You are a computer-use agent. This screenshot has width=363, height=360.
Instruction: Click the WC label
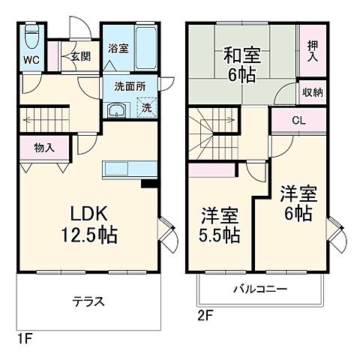click(30, 60)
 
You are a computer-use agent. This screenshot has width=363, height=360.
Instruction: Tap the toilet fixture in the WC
click(31, 36)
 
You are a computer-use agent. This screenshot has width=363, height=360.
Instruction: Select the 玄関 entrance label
click(80, 55)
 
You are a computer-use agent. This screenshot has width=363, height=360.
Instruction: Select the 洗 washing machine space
click(146, 109)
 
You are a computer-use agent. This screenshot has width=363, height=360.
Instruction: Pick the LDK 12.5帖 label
click(88, 221)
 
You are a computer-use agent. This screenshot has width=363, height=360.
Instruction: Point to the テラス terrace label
click(88, 303)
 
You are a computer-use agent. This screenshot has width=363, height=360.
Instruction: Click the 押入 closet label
click(312, 50)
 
